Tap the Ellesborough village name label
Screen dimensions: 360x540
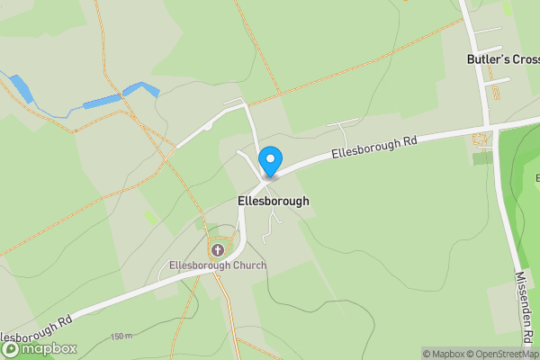point(273,201)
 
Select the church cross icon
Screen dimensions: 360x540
point(217,247)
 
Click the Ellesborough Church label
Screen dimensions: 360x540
point(217,265)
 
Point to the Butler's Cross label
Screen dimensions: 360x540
point(501,59)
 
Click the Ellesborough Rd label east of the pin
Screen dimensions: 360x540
point(375,146)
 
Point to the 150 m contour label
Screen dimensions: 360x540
point(121,337)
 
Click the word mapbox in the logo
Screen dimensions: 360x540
point(50,348)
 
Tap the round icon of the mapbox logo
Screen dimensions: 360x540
point(12,348)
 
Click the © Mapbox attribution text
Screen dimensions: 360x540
point(444,354)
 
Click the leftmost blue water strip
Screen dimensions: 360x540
point(19,88)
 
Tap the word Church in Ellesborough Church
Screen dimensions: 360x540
point(246,265)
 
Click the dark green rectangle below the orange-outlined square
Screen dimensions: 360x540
point(482,158)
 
